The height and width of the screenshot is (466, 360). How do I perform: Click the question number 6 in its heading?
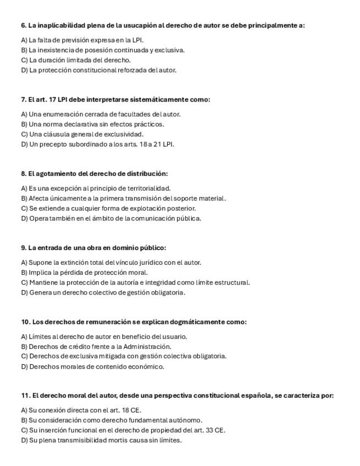click(x=24, y=25)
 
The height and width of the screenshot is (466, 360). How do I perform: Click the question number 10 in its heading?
click(x=25, y=322)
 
